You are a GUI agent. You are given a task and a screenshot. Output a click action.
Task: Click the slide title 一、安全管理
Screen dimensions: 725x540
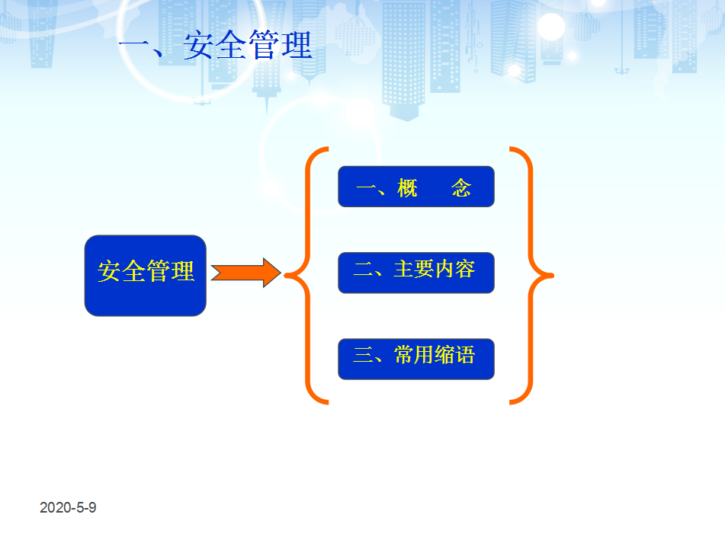216,45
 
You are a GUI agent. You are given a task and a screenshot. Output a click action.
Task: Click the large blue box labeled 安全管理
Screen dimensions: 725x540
145,276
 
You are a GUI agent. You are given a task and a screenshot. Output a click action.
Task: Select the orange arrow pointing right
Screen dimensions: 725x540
245,273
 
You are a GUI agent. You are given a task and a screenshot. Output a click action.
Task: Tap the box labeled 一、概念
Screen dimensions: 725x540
416,187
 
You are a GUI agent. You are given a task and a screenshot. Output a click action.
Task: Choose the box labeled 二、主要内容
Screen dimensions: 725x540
416,273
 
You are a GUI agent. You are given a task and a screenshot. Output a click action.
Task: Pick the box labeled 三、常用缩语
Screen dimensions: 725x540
416,359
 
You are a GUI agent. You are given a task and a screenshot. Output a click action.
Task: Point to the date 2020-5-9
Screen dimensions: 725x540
68,508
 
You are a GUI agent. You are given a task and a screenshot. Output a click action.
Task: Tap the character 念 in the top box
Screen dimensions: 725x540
461,187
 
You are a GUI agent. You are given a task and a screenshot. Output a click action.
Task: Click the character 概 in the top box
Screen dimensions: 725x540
407,187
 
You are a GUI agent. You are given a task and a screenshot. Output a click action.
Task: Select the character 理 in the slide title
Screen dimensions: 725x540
297,45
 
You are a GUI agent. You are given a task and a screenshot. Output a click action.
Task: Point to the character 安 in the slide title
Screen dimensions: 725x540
199,45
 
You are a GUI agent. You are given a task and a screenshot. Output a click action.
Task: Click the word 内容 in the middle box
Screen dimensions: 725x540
455,269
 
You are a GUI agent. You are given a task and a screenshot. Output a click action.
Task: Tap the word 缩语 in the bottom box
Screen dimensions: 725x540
455,355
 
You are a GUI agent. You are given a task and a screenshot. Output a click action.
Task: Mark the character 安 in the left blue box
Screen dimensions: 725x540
110,270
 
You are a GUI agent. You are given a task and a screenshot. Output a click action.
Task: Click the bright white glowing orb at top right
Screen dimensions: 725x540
550,27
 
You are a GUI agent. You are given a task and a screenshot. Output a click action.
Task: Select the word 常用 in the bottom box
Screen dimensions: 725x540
414,355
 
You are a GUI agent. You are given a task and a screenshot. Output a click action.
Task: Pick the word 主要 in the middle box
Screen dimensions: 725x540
414,269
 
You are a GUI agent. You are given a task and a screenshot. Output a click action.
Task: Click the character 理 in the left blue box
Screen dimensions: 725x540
182,270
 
